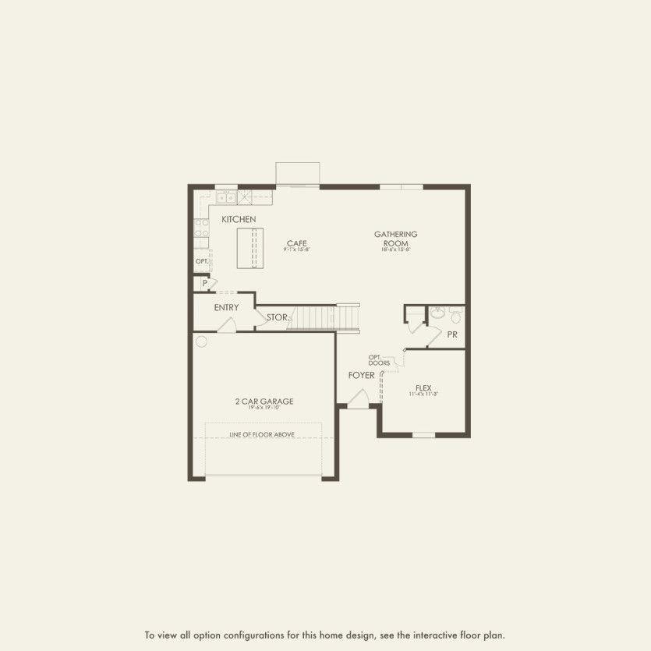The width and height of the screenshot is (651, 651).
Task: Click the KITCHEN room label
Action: (239, 220)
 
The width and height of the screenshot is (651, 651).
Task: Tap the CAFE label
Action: (296, 242)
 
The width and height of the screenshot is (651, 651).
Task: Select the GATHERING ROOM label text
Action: (395, 239)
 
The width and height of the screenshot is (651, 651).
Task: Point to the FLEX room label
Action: (423, 388)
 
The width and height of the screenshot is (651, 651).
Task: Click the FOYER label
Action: (361, 376)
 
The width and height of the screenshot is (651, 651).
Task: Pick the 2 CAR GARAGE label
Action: (264, 402)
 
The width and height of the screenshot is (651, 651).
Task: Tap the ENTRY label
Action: (226, 308)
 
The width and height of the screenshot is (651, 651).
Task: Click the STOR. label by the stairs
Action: (278, 318)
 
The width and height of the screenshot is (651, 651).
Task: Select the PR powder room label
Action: (452, 334)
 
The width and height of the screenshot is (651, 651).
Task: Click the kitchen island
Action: (251, 248)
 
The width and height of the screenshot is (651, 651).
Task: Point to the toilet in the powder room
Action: (456, 316)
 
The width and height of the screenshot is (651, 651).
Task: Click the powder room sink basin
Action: (437, 314)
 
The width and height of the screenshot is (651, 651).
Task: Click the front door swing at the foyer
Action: (358, 400)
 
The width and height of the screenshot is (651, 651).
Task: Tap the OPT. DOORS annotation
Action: (380, 360)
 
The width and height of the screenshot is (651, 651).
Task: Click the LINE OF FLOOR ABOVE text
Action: (262, 434)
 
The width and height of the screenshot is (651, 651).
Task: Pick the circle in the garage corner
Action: (201, 341)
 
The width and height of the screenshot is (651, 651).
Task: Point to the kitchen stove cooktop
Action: (201, 228)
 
